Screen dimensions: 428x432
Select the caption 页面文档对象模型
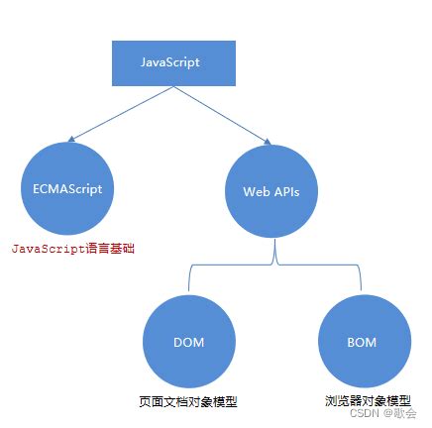click(188, 401)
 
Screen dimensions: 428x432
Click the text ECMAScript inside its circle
click(68, 186)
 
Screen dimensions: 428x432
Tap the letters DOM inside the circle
click(188, 343)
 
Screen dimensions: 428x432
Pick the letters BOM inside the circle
click(362, 343)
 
